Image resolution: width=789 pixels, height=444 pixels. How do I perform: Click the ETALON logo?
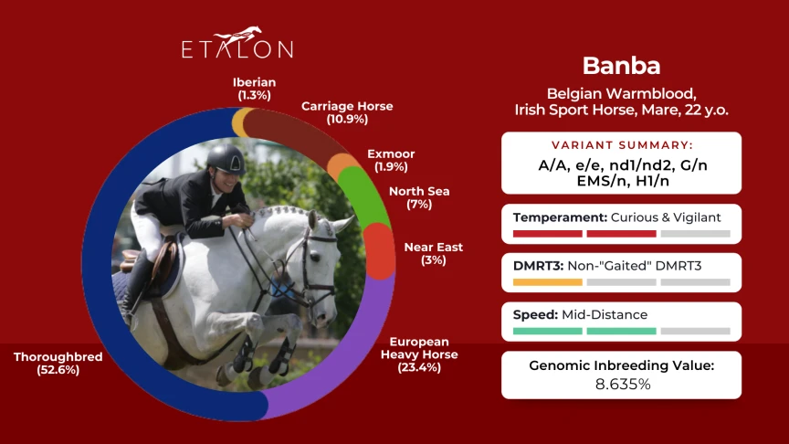tap(237, 43)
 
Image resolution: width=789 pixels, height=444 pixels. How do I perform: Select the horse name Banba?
tap(622, 66)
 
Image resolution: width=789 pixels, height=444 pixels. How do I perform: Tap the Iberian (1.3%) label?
tap(254, 89)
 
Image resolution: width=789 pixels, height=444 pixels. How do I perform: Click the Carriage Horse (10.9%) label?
tap(347, 112)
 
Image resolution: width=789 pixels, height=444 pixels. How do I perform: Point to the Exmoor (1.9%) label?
tap(391, 160)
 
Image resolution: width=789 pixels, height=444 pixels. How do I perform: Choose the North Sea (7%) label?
tap(419, 197)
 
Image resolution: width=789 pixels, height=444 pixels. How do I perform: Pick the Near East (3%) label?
tap(433, 253)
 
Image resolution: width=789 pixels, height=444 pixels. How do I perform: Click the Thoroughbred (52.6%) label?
tap(58, 363)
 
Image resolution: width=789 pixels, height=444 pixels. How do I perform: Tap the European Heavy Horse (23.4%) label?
tap(419, 354)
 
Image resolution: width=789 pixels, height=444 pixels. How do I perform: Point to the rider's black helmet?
tap(226, 159)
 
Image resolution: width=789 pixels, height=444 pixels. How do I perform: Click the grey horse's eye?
tap(315, 258)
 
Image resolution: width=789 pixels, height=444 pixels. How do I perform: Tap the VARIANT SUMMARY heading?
tap(622, 145)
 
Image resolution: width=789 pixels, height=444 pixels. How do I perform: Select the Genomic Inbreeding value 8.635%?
tap(623, 384)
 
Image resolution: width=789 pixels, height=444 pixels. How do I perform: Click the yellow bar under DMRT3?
tap(548, 282)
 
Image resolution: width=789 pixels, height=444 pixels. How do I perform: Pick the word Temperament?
tap(560, 217)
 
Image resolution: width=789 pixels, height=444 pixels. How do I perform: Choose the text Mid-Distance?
tap(605, 314)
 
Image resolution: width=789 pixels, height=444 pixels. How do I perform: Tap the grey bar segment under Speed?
tap(696, 332)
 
